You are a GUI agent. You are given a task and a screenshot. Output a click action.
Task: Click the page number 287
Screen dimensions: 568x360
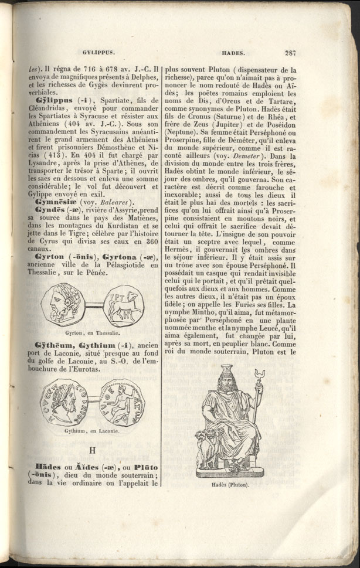290,52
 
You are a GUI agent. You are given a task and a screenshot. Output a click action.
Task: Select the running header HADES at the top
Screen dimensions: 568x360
233,52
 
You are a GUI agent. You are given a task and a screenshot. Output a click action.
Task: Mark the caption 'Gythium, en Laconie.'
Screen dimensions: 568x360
93,431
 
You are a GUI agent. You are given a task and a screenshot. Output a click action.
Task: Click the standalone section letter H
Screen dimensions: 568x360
91,450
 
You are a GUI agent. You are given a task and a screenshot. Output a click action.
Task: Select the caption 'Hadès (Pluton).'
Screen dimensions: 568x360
228,485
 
